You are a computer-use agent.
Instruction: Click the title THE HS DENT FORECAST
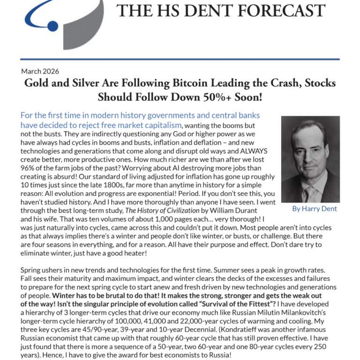pos(221,10)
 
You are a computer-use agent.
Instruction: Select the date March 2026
pos(40,71)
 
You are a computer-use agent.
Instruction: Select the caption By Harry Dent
pos(314,209)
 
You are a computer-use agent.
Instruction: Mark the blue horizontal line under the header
pos(180,60)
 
